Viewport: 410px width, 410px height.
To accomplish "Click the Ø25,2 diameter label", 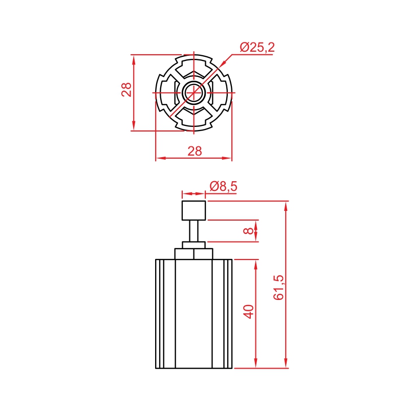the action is (x=257, y=47).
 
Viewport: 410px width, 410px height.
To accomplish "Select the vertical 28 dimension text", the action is (x=126, y=90).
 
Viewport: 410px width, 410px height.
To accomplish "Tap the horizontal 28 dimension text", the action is (x=195, y=151).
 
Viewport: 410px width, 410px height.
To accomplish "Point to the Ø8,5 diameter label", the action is (x=223, y=186).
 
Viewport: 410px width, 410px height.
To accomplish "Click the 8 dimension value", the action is (x=248, y=231).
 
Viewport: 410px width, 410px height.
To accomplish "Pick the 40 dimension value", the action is (x=248, y=312).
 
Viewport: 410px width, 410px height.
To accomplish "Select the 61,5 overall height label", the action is (x=278, y=287).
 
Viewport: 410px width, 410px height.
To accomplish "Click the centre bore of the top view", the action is (x=194, y=93).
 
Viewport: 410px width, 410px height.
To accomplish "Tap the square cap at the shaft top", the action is (x=194, y=210).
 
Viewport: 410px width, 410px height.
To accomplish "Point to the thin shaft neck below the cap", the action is (x=194, y=231).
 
